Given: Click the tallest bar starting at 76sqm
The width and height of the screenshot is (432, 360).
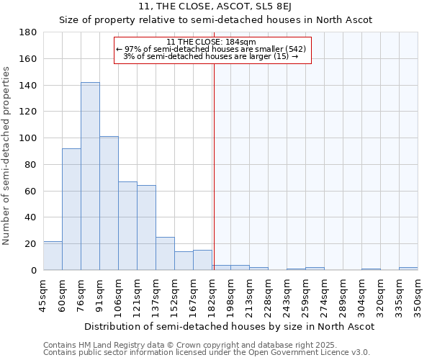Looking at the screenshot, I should click(90, 176).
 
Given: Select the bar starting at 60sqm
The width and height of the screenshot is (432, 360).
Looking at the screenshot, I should click(71, 209).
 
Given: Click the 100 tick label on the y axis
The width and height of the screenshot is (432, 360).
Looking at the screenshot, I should click(29, 138).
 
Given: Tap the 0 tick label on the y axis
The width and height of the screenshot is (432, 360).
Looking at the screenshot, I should click(34, 270).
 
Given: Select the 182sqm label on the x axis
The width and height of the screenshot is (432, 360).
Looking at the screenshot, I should click(212, 295).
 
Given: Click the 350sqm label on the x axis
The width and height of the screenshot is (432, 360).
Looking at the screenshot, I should click(418, 295).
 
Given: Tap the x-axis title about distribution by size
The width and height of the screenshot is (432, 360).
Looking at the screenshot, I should click(229, 326).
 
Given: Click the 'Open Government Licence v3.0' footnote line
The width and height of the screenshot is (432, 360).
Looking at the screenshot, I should click(206, 352).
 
